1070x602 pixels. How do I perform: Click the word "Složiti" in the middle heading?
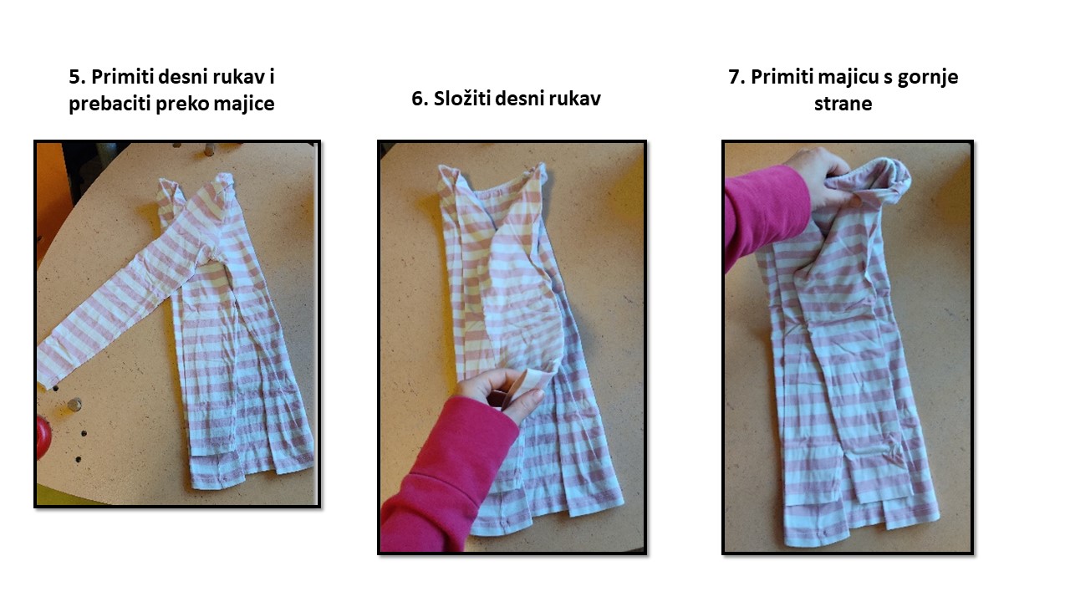[x=461, y=99]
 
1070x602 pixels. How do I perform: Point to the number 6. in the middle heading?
[x=419, y=99]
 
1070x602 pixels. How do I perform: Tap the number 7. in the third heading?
[x=736, y=77]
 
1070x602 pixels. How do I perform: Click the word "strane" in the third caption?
[x=843, y=105]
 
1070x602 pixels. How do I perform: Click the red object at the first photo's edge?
[x=43, y=437]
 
